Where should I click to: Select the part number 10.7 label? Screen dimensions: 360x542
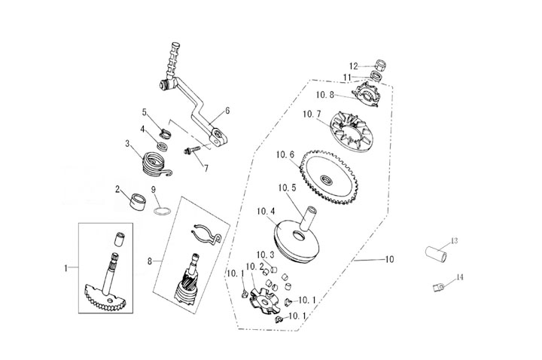(x=312, y=114)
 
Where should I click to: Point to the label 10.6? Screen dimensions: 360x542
(x=285, y=155)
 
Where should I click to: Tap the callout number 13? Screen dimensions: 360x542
(x=453, y=241)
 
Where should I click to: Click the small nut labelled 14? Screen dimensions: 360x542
(x=437, y=288)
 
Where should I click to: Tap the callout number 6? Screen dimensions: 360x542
(x=227, y=111)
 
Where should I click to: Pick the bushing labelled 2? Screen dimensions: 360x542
(x=137, y=203)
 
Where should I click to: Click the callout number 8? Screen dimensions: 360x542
(x=150, y=261)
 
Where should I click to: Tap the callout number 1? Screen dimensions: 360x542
(x=66, y=267)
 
